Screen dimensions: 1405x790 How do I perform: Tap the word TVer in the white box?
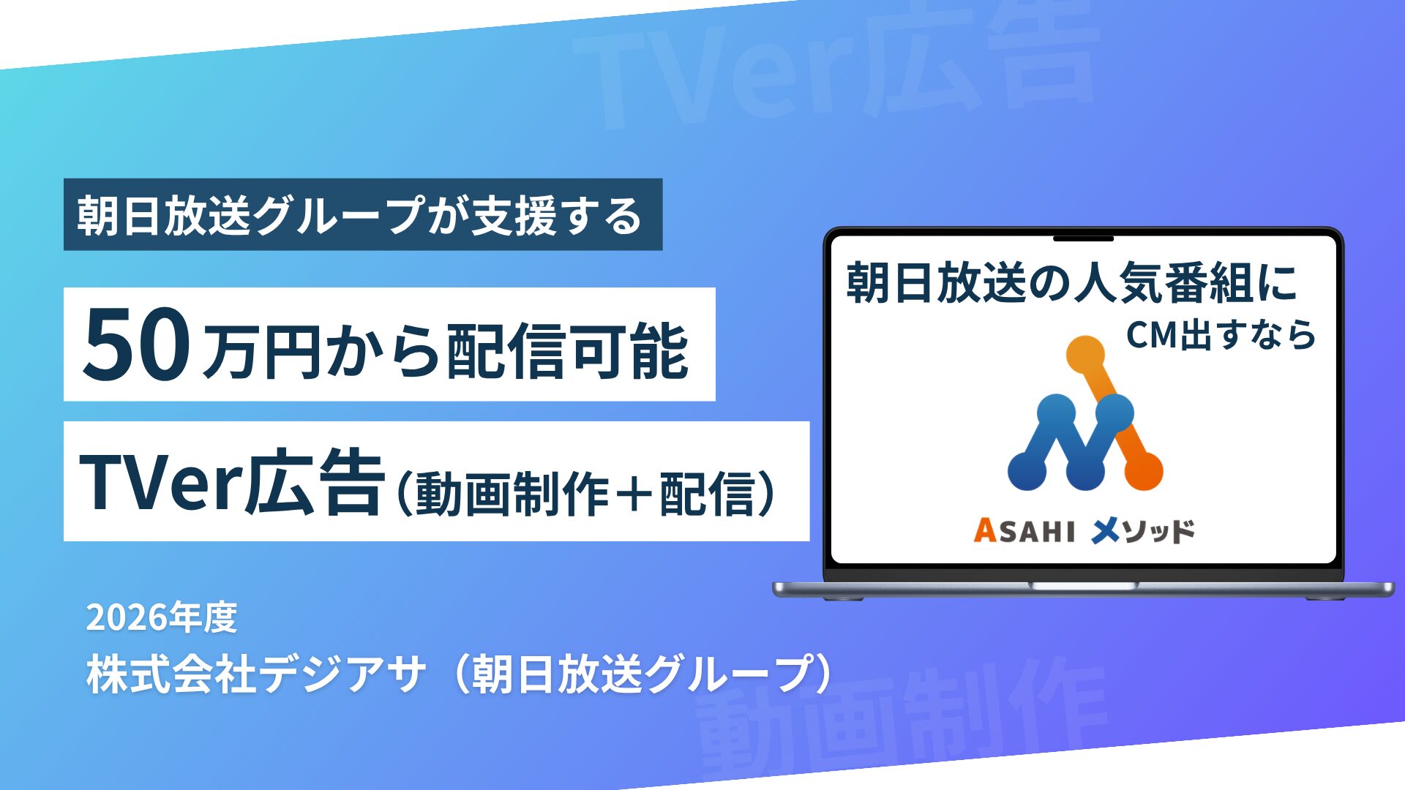click(160, 483)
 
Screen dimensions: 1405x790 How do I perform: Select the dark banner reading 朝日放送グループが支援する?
click(363, 214)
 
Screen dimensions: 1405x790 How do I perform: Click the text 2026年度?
click(162, 618)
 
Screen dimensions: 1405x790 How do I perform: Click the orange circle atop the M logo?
click(1085, 355)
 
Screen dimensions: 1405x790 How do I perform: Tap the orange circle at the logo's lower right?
click(1143, 471)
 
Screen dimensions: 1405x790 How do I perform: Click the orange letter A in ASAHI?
click(985, 530)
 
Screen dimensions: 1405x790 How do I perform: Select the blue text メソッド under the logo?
click(1142, 530)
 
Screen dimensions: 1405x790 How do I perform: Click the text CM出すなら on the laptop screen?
click(1221, 335)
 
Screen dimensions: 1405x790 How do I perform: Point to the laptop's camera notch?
click(1083, 238)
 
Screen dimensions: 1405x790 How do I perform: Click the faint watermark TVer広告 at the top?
click(834, 69)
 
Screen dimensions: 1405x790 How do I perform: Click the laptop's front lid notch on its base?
click(1083, 585)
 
